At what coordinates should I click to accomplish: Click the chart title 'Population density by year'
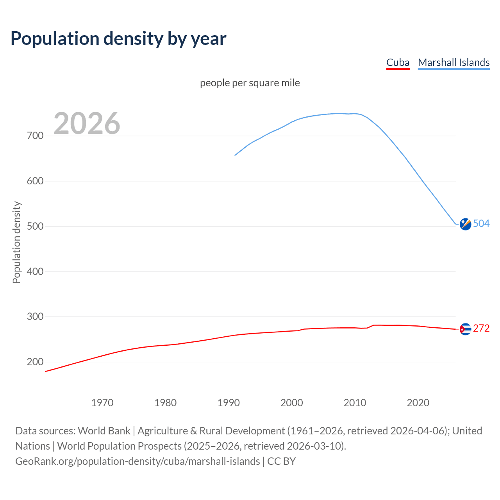pyautogui.click(x=118, y=39)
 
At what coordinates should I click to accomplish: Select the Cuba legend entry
pyautogui.click(x=398, y=62)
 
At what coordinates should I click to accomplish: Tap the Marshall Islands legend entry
pyautogui.click(x=454, y=62)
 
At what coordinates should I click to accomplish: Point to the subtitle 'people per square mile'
pyautogui.click(x=250, y=83)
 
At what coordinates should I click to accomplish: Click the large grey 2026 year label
pyautogui.click(x=87, y=123)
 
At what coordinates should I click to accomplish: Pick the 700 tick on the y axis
pyautogui.click(x=35, y=136)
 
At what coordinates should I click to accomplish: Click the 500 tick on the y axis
pyautogui.click(x=35, y=227)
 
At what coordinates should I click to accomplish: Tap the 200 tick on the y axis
pyautogui.click(x=35, y=362)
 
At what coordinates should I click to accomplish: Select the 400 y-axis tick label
pyautogui.click(x=35, y=271)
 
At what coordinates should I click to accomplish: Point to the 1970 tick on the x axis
pyautogui.click(x=102, y=403)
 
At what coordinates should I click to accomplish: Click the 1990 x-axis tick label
pyautogui.click(x=229, y=403)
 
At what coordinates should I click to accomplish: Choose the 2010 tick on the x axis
pyautogui.click(x=355, y=403)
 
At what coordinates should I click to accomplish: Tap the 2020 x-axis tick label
pyautogui.click(x=418, y=403)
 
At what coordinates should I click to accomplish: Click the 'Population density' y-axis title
pyautogui.click(x=16, y=242)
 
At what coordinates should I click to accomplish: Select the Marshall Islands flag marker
pyautogui.click(x=465, y=224)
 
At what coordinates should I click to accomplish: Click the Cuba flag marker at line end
pyautogui.click(x=465, y=329)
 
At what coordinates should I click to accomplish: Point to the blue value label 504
pyautogui.click(x=481, y=223)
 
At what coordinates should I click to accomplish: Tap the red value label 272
pyautogui.click(x=481, y=329)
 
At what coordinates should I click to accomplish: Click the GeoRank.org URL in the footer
pyautogui.click(x=137, y=461)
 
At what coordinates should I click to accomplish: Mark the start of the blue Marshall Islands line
pyautogui.click(x=235, y=155)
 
